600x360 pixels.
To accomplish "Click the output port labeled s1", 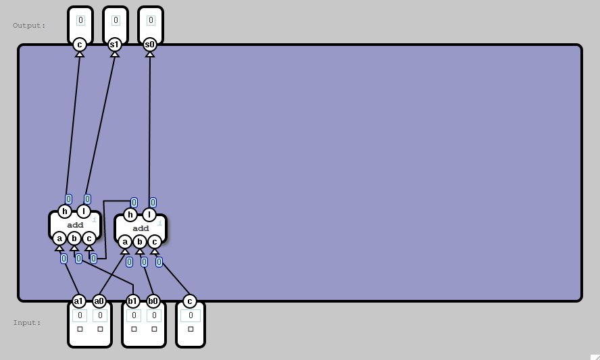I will [115, 45].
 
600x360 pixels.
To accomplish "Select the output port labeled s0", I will [150, 45].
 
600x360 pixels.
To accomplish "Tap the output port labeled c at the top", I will [80, 45].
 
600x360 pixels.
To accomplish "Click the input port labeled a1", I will [79, 301].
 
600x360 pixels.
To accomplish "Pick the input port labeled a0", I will [99, 301].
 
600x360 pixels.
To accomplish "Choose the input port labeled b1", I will [133, 301].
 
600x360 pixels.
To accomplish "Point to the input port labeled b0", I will [153, 301].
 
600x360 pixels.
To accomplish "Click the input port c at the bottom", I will [189, 301].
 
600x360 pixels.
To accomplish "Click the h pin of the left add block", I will [65, 211].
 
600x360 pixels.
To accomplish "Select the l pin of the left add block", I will [84, 211].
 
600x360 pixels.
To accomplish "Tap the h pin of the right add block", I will [130, 215].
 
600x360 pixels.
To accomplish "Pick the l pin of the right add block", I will [149, 215].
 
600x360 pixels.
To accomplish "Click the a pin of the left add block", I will [59, 238].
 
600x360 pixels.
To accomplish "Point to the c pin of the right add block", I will [154, 241].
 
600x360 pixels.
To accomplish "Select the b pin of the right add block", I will [139, 241].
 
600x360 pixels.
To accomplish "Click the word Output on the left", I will [28, 26].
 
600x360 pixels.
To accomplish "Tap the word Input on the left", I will [26, 323].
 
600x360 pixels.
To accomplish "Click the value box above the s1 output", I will [116, 20].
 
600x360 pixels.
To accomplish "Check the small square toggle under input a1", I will [80, 329].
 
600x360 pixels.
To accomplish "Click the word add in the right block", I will [141, 228].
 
